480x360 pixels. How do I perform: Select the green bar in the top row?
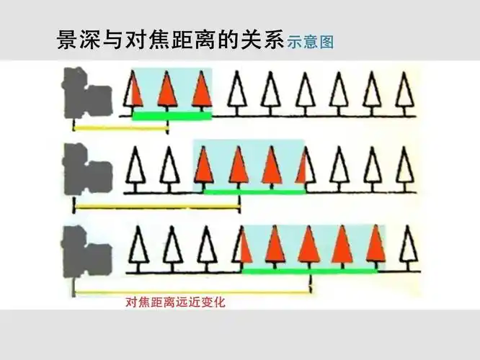click(172, 115)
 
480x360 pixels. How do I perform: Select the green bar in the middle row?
click(254, 192)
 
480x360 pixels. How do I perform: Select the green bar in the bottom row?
click(310, 270)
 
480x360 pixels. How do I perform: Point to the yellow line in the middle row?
click(156, 208)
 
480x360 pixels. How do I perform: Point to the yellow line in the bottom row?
click(192, 292)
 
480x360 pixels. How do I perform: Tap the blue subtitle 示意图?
click(311, 42)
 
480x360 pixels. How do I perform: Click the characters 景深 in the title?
click(73, 40)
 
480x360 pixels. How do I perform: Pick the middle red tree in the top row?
click(168, 90)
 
